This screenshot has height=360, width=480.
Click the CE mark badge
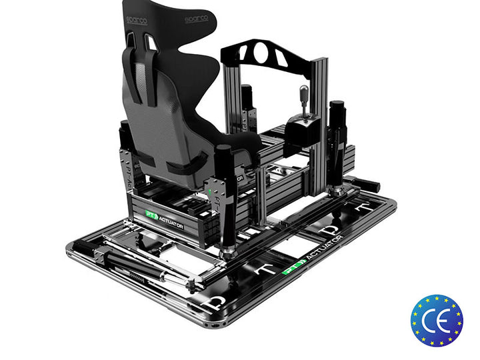tap(437, 320)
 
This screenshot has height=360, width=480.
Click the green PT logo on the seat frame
tap(151, 215)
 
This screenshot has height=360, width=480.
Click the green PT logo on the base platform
tap(291, 270)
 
